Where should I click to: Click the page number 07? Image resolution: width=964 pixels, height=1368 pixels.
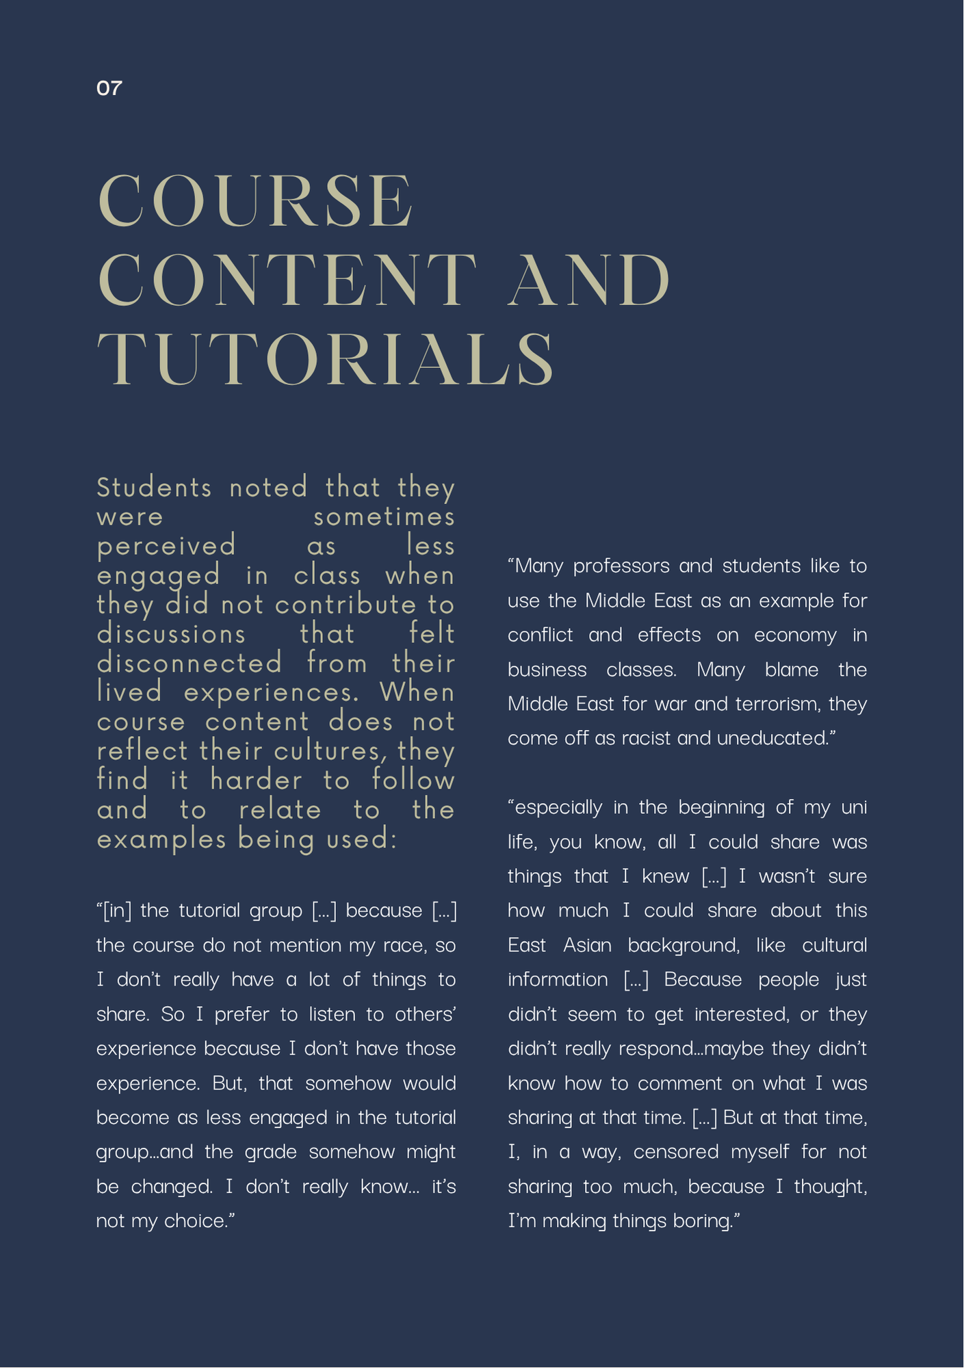tap(109, 88)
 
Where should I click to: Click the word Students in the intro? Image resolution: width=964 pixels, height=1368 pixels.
tap(155, 488)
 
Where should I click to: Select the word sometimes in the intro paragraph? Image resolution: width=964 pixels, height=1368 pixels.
tap(384, 517)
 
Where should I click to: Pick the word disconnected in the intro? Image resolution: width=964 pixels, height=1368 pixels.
tap(190, 663)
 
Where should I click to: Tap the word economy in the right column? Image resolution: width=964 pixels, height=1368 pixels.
tap(795, 635)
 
